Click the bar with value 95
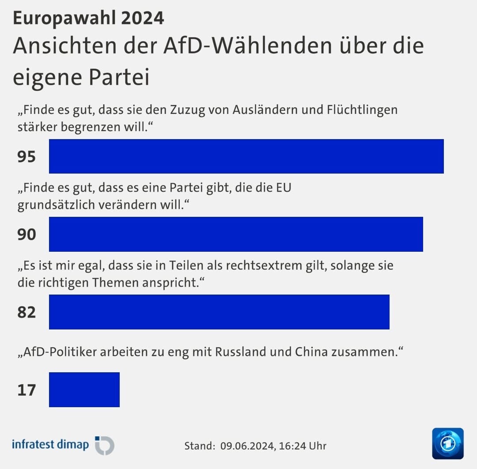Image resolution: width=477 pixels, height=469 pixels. (x=246, y=156)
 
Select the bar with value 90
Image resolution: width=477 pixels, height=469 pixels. (x=236, y=234)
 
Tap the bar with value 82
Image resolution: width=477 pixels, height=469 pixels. (x=219, y=312)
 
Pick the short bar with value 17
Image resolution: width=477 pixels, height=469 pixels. (x=84, y=390)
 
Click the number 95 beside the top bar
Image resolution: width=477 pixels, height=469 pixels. (x=26, y=156)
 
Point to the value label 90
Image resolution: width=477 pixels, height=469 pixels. (x=26, y=234)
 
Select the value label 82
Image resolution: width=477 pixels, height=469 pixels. (x=26, y=312)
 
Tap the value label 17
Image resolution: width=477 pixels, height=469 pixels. (x=26, y=390)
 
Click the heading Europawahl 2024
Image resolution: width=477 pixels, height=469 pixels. (x=88, y=18)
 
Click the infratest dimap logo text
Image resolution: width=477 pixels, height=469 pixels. (x=50, y=444)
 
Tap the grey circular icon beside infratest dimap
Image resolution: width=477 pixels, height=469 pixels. (x=105, y=445)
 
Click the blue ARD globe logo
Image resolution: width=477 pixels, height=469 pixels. (x=448, y=443)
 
